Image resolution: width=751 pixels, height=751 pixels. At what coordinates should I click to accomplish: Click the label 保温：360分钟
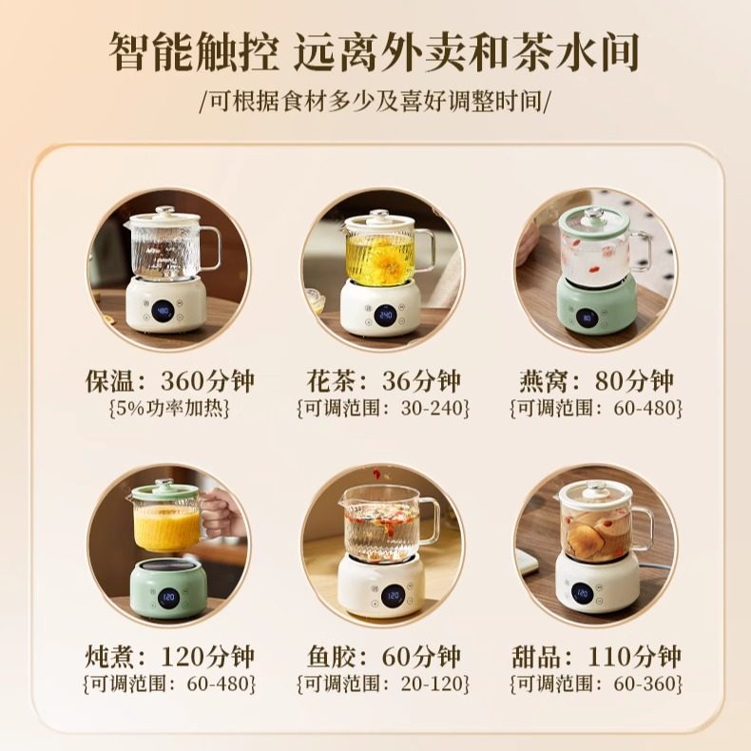[x=167, y=381]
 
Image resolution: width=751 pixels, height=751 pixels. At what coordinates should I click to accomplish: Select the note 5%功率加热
[x=167, y=409]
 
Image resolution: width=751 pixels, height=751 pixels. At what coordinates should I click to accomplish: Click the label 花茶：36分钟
[x=381, y=381]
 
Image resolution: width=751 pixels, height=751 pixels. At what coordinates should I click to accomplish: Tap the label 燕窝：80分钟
[x=595, y=381]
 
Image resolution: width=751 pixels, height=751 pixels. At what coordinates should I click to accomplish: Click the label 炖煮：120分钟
[x=167, y=656]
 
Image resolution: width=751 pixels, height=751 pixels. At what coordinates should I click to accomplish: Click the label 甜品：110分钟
[x=595, y=656]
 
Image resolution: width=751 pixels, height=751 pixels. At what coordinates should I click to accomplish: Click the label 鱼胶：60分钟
[x=381, y=656]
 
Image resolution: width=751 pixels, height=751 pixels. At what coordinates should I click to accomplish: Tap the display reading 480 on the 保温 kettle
[x=164, y=310]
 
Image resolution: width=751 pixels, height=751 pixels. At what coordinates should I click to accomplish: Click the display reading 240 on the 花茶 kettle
[x=386, y=315]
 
